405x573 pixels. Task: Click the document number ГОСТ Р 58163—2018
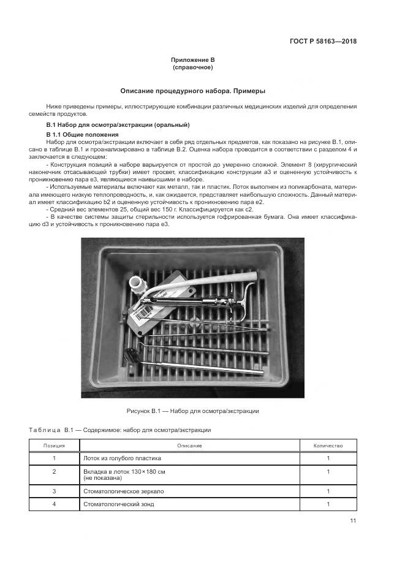click(x=322, y=42)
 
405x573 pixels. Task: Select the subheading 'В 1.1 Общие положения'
click(x=82, y=134)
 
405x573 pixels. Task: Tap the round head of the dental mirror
click(x=131, y=353)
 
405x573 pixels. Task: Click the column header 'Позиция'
click(x=55, y=446)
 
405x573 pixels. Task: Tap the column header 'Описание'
click(x=189, y=446)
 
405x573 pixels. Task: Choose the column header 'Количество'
click(x=328, y=446)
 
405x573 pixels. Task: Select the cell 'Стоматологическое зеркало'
click(x=123, y=491)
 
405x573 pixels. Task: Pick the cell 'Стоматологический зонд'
click(x=118, y=504)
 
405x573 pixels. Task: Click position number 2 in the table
click(x=55, y=471)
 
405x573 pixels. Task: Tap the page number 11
click(x=353, y=521)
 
